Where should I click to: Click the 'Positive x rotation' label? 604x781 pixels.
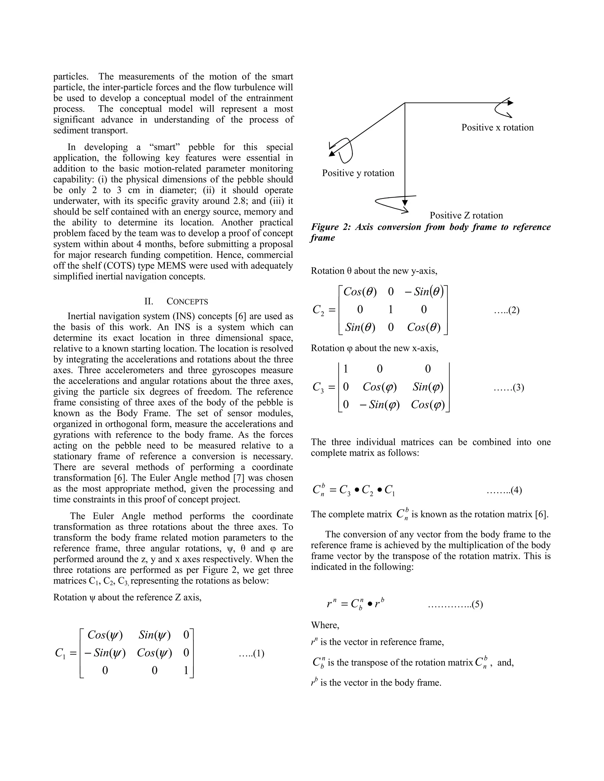coord(497,128)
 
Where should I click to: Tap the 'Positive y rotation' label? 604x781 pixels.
coord(358,173)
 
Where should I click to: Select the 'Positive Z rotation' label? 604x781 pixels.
coord(466,215)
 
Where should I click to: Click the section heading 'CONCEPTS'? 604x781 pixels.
coord(187,301)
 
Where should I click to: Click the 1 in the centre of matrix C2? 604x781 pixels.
coord(390,309)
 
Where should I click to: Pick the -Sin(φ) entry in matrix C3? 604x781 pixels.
coord(379,404)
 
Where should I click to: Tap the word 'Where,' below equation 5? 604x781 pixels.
coord(325,625)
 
